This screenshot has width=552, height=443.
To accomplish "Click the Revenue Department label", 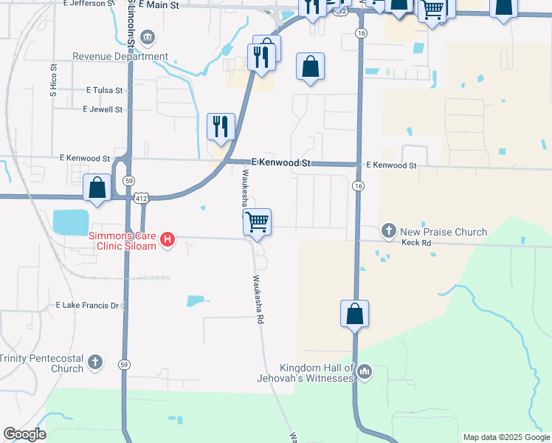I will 120,57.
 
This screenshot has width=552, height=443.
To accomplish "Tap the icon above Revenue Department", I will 147,37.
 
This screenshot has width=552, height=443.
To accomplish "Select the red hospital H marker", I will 168,240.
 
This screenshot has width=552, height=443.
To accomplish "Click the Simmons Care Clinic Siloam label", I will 123,241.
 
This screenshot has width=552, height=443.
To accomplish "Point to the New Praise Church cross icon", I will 389,232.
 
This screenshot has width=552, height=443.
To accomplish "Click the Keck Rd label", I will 415,242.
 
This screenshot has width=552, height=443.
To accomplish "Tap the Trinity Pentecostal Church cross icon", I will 95,363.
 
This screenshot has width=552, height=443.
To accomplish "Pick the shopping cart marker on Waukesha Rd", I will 257,221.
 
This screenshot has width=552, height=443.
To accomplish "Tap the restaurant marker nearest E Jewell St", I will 221,126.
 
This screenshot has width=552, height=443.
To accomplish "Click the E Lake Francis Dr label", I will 87,305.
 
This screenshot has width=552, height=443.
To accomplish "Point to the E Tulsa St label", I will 103,90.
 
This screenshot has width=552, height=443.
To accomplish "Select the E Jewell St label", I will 103,109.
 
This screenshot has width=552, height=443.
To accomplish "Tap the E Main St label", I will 157,5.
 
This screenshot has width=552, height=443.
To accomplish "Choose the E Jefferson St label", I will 89,4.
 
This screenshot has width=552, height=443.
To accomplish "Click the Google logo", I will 24,434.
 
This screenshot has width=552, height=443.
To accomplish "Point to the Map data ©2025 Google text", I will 506,437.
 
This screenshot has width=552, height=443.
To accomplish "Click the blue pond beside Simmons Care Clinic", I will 70,221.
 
